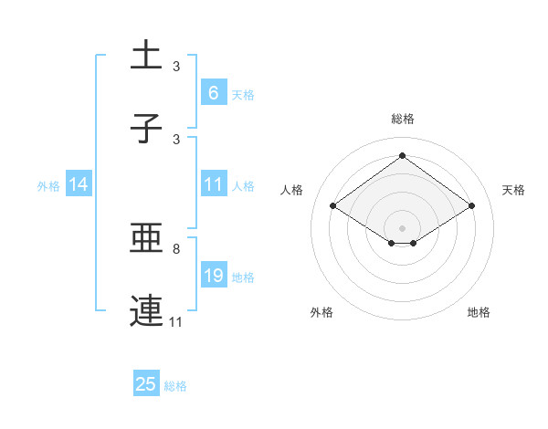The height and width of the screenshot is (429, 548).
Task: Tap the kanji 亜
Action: tap(147, 240)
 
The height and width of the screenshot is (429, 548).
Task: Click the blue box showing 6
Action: tap(213, 92)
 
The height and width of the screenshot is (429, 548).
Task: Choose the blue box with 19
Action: tap(213, 276)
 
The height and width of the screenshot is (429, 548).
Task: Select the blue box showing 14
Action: tap(79, 184)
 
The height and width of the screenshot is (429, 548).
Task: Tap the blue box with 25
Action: tap(146, 384)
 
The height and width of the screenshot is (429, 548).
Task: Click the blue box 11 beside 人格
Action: tap(213, 184)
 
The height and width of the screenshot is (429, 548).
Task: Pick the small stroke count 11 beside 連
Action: tap(176, 321)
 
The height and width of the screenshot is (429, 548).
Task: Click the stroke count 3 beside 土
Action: tap(176, 67)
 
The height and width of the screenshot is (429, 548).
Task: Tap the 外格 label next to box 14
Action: tap(48, 185)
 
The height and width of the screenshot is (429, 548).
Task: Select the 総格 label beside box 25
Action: tap(175, 386)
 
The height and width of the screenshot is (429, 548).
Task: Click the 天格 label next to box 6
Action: tap(243, 94)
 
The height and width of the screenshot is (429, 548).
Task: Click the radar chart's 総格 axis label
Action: tap(402, 119)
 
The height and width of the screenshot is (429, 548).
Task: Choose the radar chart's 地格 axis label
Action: tap(479, 312)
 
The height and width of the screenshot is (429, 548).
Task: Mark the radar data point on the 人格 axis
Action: tap(333, 206)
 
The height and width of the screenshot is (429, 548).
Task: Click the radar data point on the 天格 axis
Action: tap(471, 206)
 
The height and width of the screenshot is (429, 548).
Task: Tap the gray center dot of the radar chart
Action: tap(402, 227)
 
